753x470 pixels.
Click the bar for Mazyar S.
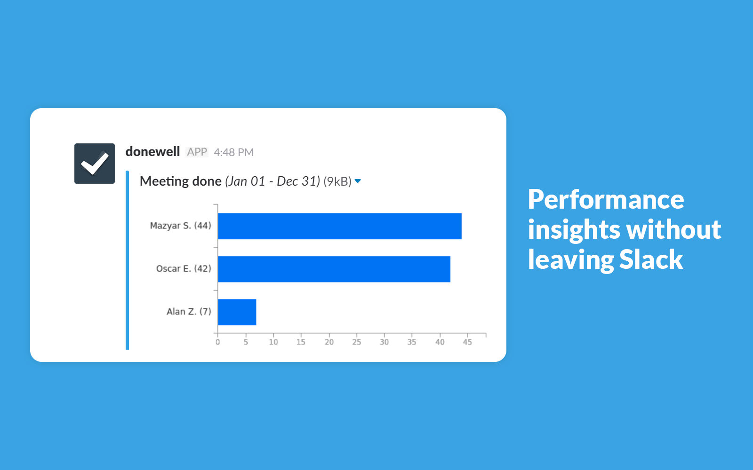point(339,226)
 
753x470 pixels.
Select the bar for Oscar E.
point(334,269)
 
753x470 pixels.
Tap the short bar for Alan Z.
point(237,312)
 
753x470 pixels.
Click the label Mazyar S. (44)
point(181,226)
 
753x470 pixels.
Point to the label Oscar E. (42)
point(184,268)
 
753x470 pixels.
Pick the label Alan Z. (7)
point(189,312)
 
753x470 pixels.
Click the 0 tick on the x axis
point(218,342)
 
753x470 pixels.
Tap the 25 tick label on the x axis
point(357,342)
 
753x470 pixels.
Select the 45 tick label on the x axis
point(467,342)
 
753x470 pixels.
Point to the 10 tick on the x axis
point(273,342)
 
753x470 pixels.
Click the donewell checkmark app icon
point(95,164)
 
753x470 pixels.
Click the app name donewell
point(152,152)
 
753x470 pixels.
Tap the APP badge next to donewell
point(197,152)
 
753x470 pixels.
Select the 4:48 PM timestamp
point(233,152)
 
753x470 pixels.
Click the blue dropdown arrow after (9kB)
point(358,181)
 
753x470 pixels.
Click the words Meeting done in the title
point(181,181)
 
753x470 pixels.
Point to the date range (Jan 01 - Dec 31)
point(272,181)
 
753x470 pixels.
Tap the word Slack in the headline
point(651,259)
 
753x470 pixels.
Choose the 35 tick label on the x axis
point(412,342)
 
